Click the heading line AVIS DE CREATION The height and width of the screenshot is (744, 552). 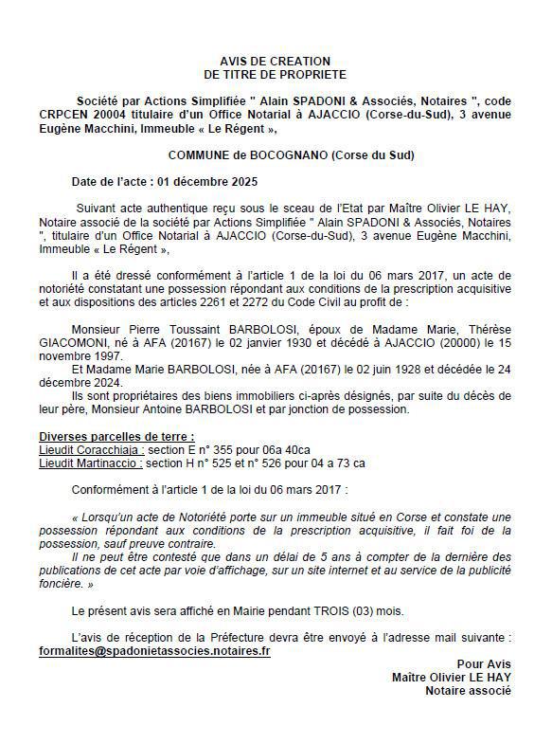275,59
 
